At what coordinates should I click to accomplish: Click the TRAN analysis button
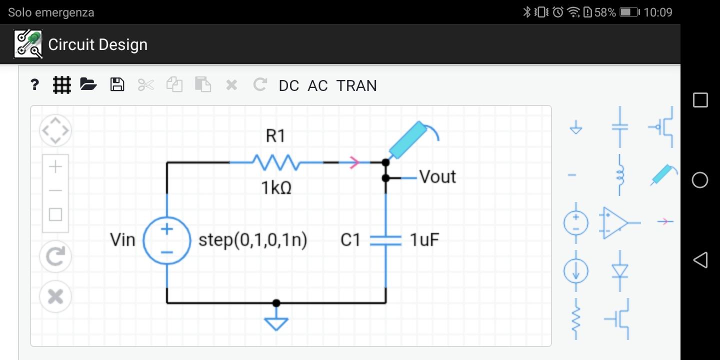pos(356,85)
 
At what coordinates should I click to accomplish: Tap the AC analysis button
pos(317,85)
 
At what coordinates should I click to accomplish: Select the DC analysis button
pos(288,85)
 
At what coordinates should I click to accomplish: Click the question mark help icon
pos(34,85)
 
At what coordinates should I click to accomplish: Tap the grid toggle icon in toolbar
pos(62,85)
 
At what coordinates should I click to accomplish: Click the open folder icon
pos(88,84)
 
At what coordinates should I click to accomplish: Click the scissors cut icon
pos(145,85)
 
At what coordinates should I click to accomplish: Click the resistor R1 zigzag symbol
pos(276,162)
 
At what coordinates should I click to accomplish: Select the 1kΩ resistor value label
pos(276,188)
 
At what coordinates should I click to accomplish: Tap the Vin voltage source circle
pos(167,240)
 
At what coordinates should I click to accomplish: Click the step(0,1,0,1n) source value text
pos(252,240)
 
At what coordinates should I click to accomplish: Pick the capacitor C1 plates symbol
pos(385,240)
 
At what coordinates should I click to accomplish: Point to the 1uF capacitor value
pos(424,240)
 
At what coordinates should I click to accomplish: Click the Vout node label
pos(437,177)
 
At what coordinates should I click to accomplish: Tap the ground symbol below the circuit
pos(276,322)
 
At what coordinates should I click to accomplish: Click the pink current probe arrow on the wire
pos(354,162)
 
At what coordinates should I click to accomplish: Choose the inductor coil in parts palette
pos(620,175)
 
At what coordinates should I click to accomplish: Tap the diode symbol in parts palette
pos(620,270)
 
